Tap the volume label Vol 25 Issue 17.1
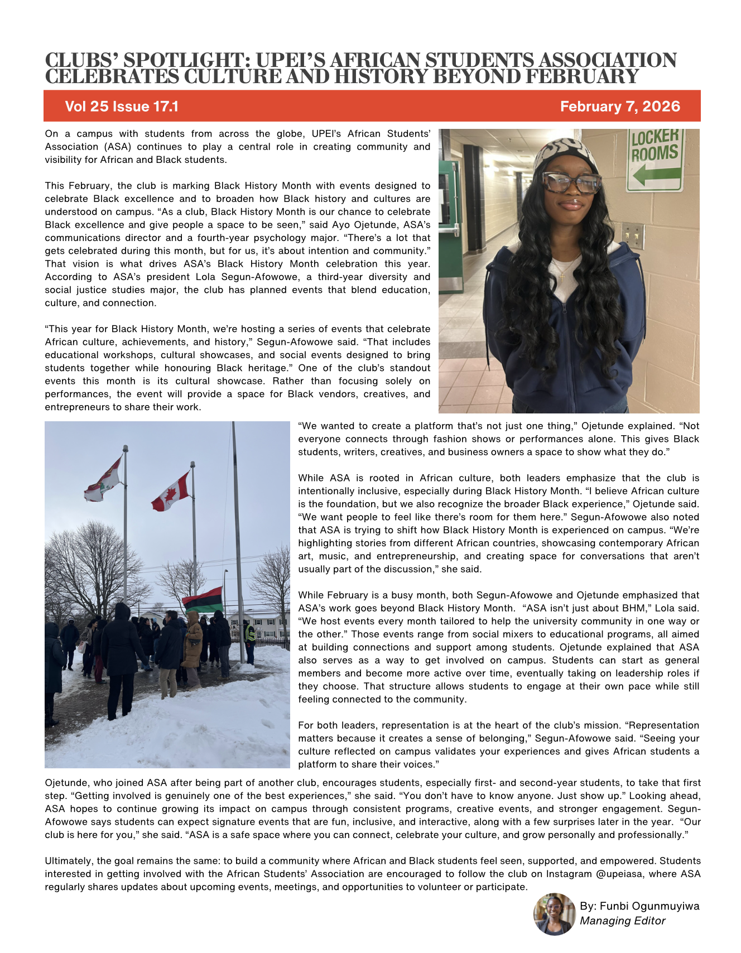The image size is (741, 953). (122, 107)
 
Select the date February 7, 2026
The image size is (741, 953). (620, 107)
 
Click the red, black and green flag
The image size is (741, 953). (203, 600)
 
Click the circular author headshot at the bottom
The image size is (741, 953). (555, 914)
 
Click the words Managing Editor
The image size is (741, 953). (622, 921)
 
